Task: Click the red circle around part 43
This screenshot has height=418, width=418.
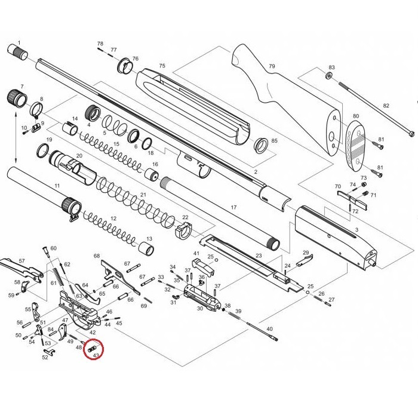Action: tap(94, 349)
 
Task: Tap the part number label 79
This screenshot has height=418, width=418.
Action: tap(272, 66)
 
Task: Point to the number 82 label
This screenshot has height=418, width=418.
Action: tap(386, 106)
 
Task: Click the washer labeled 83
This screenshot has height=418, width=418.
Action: tap(330, 76)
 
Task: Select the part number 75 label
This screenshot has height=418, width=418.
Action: tap(162, 65)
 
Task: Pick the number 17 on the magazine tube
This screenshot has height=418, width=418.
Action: tap(234, 207)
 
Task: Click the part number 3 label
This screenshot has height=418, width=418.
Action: tap(356, 229)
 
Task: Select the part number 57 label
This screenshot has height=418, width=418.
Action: tap(22, 261)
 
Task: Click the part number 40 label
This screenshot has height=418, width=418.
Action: tap(269, 329)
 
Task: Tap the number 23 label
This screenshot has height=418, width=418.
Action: tap(259, 256)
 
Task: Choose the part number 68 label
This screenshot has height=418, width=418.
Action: tap(96, 256)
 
